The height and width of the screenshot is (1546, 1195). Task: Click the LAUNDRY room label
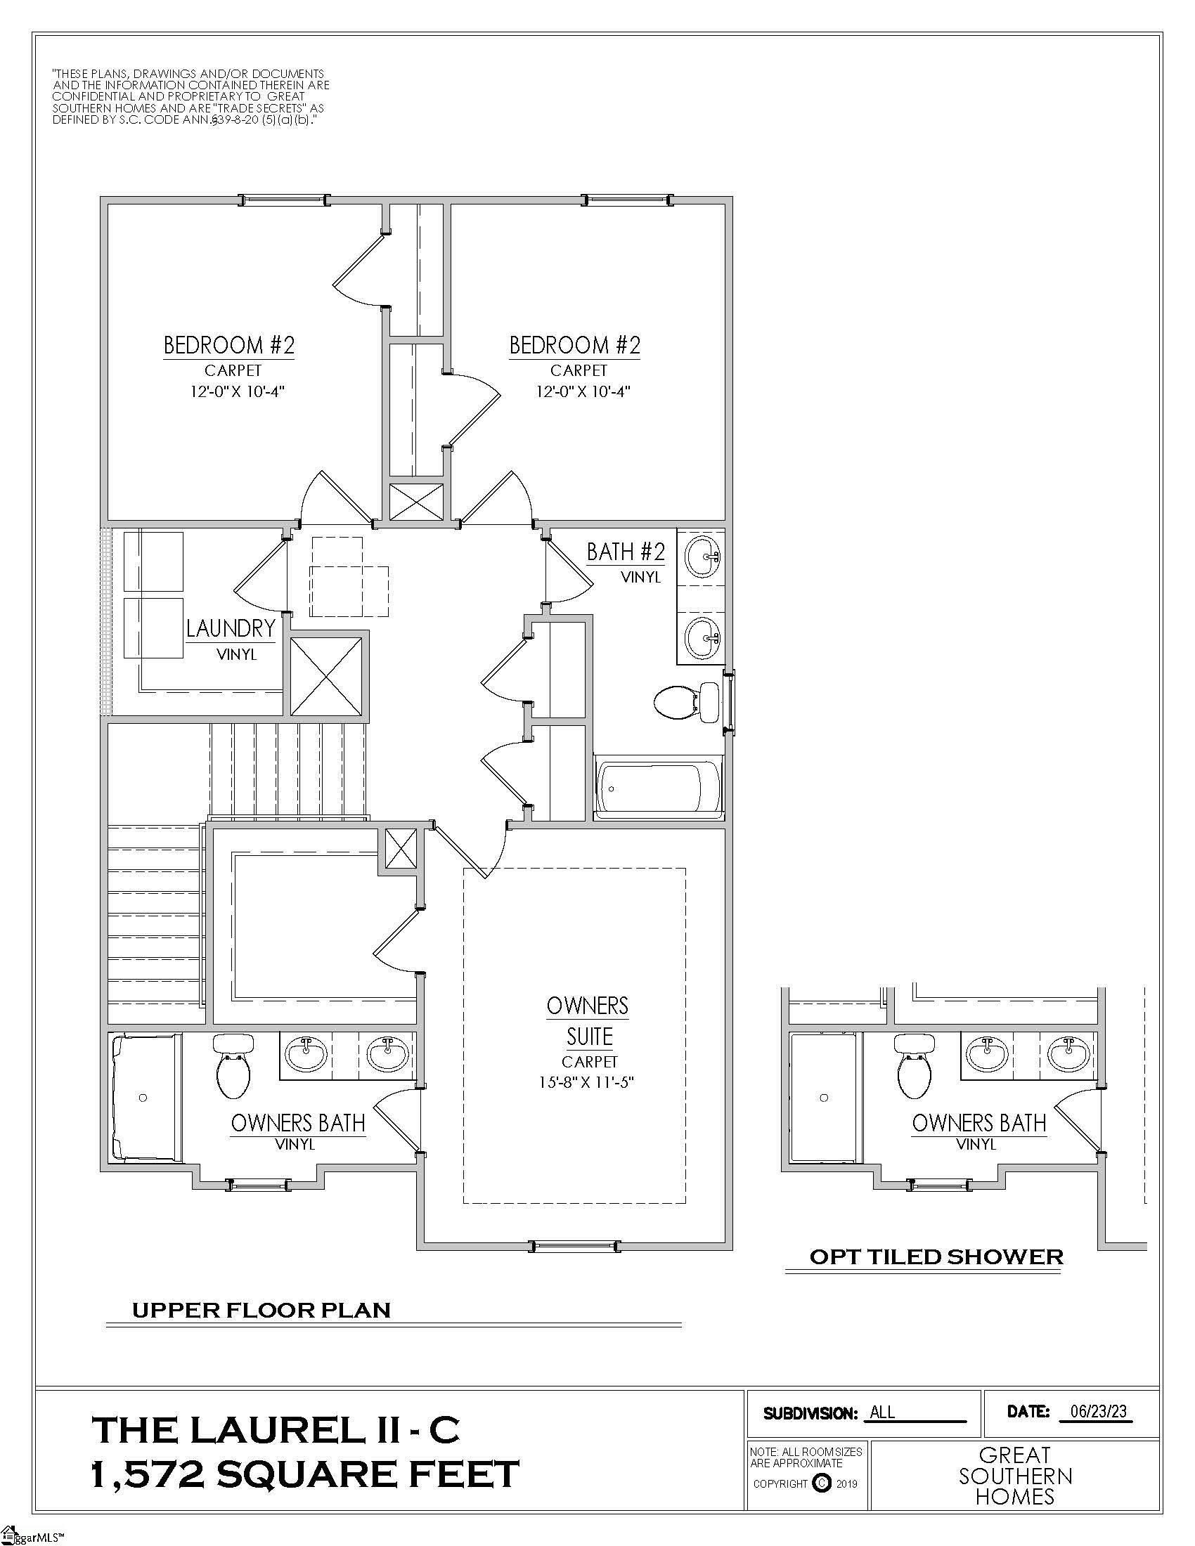coord(230,628)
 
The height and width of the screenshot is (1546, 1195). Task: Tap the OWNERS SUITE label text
coord(588,1021)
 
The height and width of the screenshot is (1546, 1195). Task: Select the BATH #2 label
coord(625,552)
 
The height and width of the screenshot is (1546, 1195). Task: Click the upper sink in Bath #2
coord(702,557)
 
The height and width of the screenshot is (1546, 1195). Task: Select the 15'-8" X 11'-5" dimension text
coord(589,1081)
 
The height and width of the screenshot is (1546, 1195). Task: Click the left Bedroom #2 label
coord(228,346)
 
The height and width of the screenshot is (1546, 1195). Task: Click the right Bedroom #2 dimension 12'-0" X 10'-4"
coord(582,391)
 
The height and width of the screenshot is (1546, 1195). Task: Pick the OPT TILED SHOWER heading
coord(935,1257)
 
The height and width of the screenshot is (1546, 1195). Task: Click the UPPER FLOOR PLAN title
coord(261,1311)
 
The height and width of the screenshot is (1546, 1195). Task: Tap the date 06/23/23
coord(1098,1412)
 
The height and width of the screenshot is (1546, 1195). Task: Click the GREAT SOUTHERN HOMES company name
coord(1014,1476)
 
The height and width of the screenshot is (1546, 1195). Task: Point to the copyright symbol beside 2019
coord(821,1483)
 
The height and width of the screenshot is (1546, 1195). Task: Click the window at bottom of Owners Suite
coord(574,1246)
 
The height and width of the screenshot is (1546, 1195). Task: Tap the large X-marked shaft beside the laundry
coord(326,677)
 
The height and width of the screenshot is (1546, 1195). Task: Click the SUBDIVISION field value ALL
coord(882,1412)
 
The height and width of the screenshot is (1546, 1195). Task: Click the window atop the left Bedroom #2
coord(284,200)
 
